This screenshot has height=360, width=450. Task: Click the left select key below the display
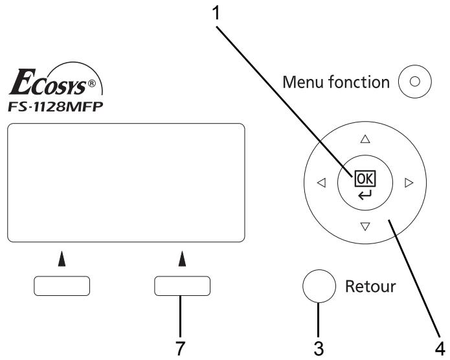point(62,286)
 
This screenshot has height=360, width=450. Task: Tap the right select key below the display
point(183,286)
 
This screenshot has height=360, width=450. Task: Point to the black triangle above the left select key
point(62,258)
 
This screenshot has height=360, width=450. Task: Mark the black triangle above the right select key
point(182,258)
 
